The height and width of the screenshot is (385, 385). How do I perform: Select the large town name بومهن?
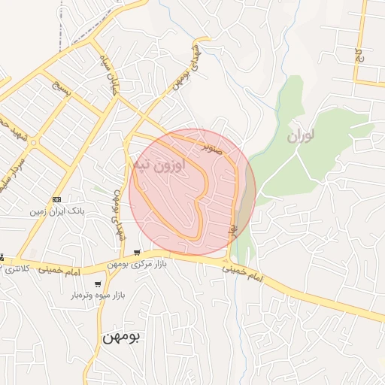122,338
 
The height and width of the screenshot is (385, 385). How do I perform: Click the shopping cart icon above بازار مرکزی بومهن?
135,252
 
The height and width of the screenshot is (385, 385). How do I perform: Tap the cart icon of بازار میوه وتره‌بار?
99,284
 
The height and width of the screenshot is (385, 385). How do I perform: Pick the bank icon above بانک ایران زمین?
57,199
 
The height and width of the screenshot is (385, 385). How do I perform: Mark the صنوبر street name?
214,143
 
